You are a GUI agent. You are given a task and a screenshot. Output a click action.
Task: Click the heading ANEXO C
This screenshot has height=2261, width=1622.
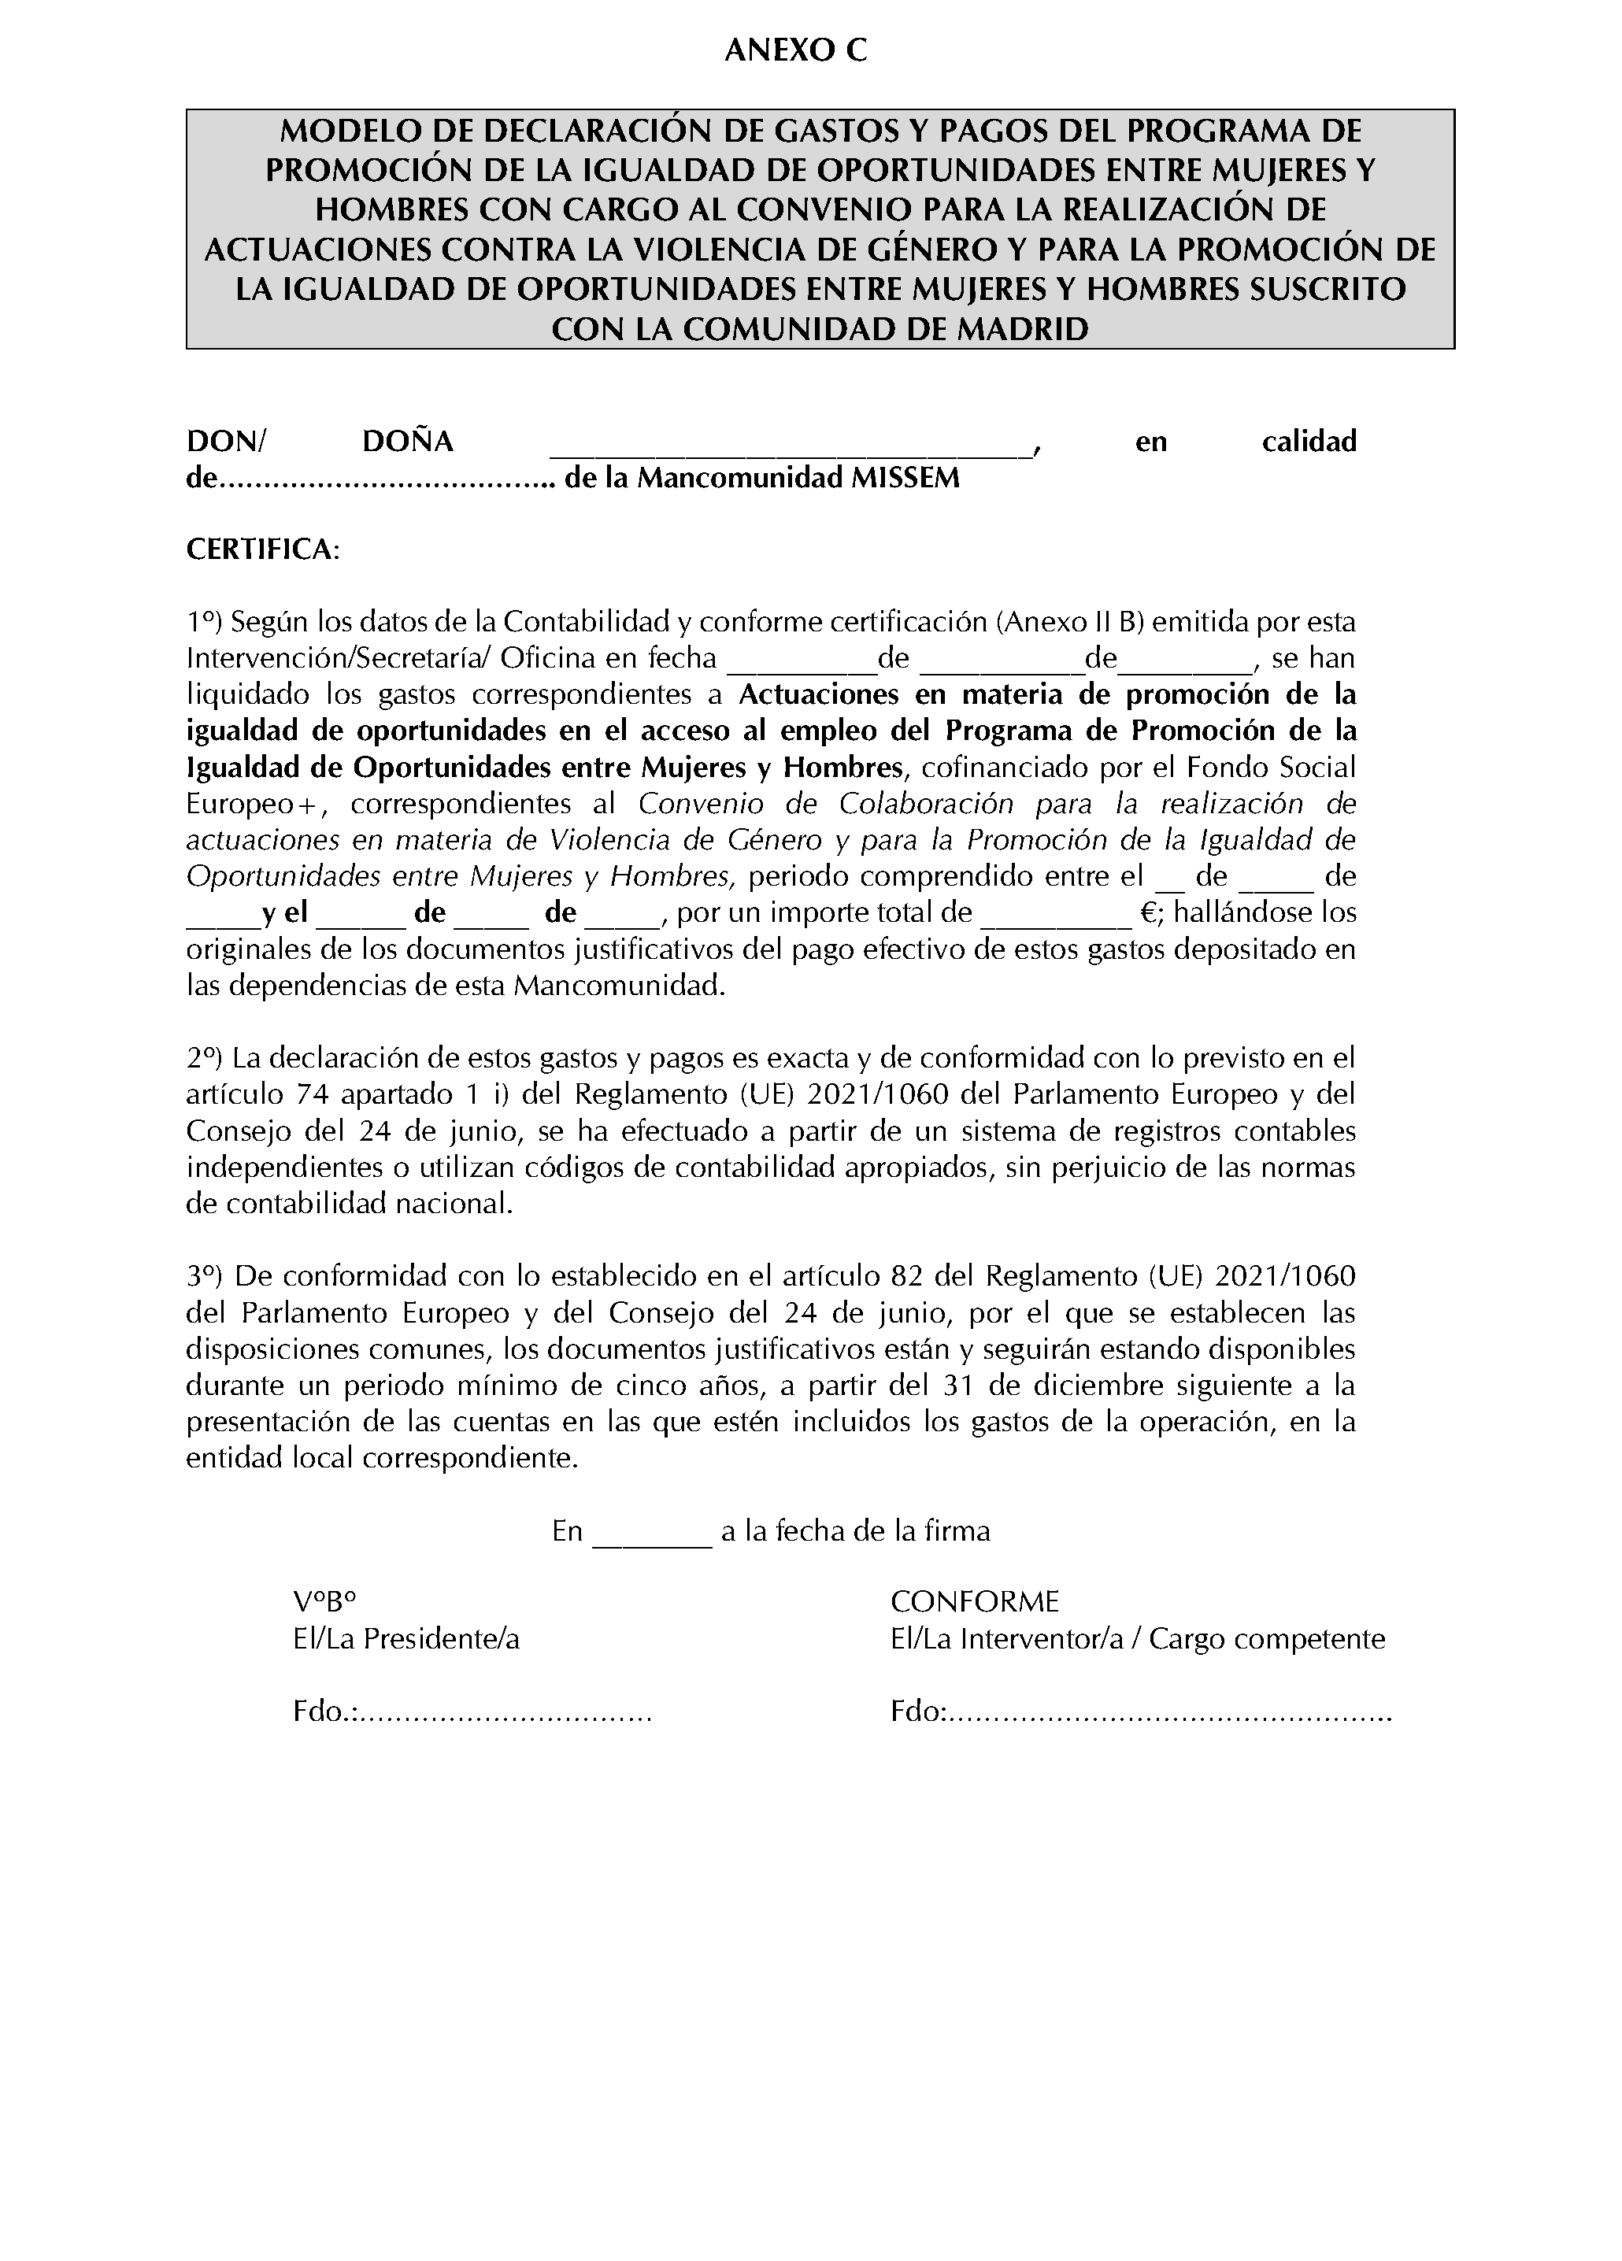pos(795,52)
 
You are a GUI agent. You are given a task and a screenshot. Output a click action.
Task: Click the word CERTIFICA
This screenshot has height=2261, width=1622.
pos(262,550)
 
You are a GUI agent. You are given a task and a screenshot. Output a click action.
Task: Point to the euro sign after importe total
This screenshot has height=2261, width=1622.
pos(1146,913)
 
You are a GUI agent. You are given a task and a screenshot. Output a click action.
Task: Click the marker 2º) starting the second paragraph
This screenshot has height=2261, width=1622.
pos(205,1058)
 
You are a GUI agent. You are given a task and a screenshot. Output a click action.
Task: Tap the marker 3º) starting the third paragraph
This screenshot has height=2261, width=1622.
pos(205,1276)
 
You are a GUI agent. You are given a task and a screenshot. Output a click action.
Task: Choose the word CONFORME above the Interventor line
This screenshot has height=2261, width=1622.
pos(974,1603)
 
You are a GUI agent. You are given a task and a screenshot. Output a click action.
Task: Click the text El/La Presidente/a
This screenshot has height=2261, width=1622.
pos(405,1640)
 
